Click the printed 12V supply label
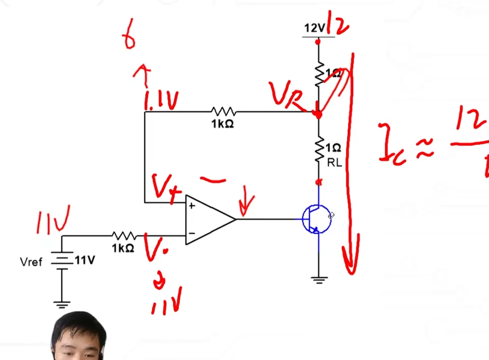[314, 28]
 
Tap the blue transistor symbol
[316, 219]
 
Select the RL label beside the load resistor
[334, 163]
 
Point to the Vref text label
[31, 262]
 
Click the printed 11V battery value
[84, 260]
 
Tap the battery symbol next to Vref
[62, 261]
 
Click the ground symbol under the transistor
[319, 278]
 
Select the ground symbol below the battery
[62, 304]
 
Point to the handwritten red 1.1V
[161, 102]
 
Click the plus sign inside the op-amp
[192, 206]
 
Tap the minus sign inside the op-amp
[192, 233]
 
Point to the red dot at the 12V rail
[318, 41]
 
